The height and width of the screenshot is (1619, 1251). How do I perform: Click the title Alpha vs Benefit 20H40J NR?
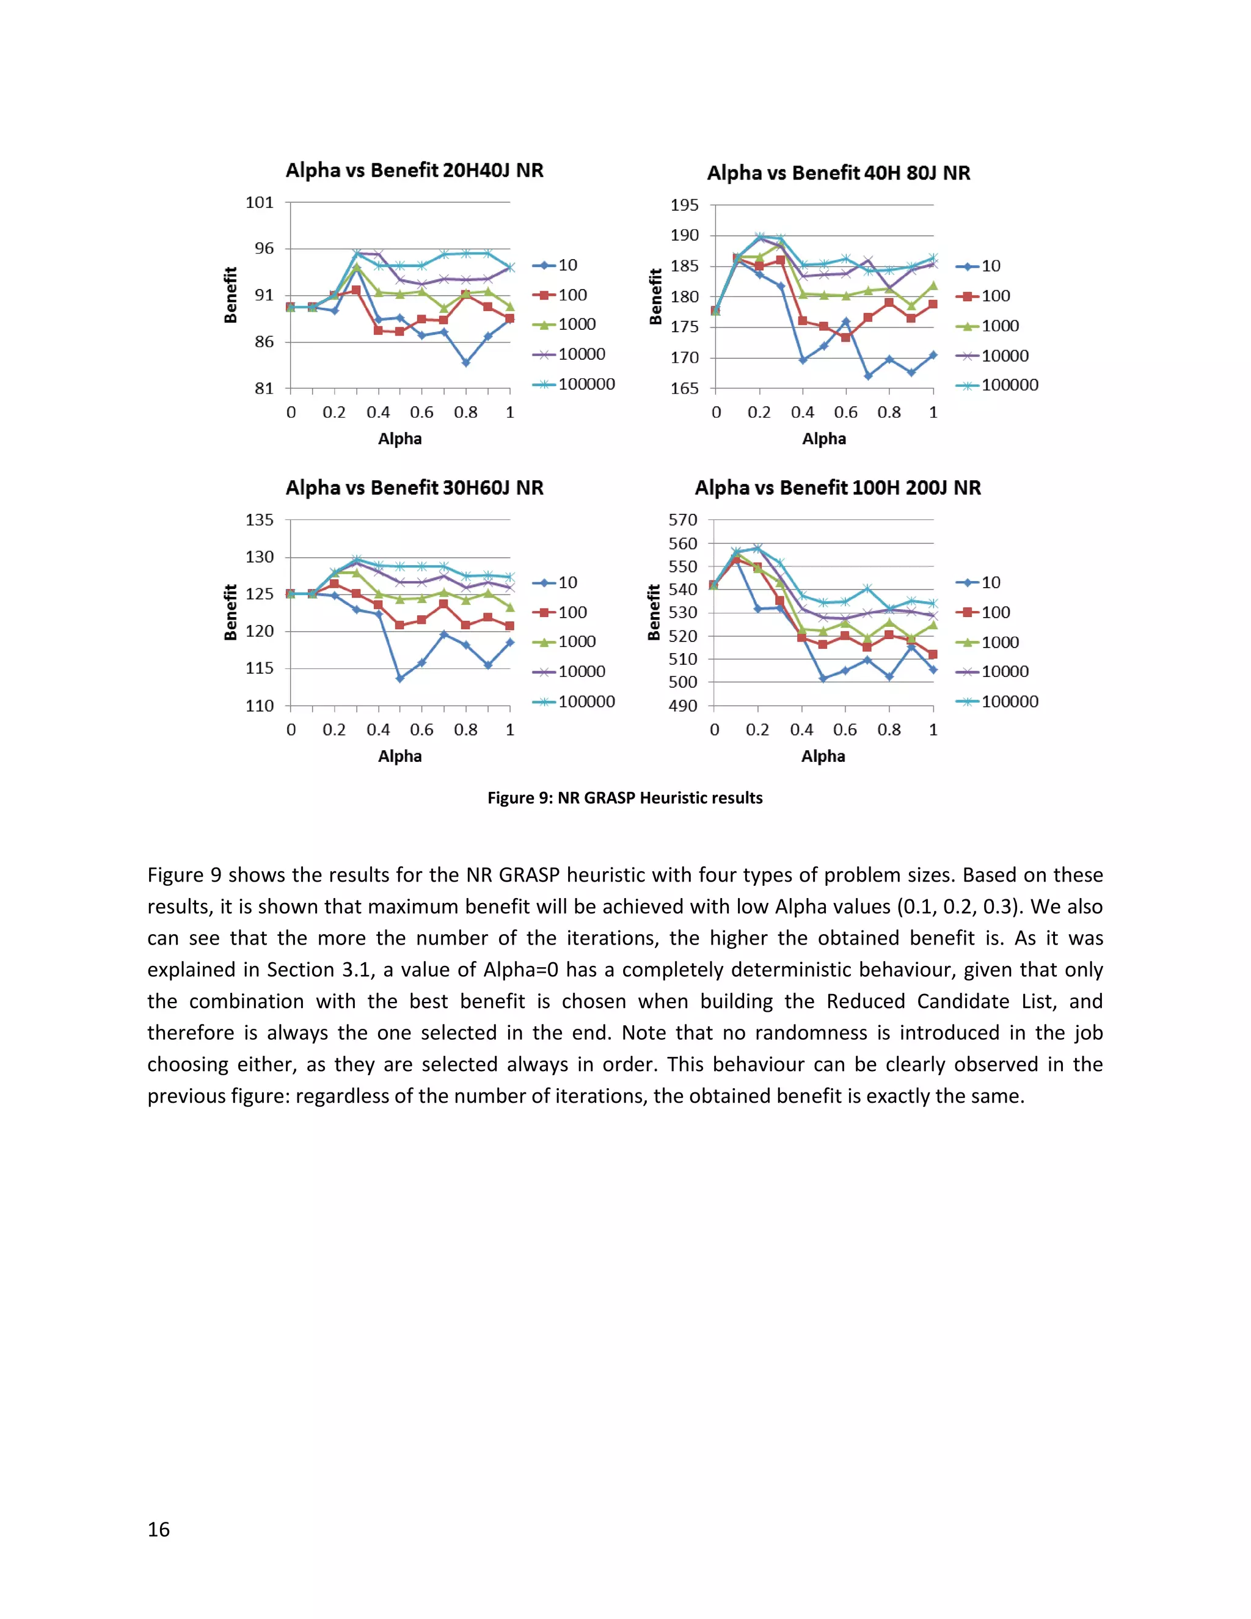pos(414,170)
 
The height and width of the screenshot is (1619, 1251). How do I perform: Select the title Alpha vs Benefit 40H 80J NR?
pos(838,173)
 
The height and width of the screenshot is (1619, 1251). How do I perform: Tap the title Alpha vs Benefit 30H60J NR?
pos(414,488)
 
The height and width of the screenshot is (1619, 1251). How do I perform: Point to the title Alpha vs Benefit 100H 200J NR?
pos(837,488)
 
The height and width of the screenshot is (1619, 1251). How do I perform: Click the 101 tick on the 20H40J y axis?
pos(260,202)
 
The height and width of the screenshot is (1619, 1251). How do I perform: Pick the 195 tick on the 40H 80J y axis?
pos(684,205)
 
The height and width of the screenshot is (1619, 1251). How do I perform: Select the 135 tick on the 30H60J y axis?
pos(260,521)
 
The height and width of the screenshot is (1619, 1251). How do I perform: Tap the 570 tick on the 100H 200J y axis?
pos(682,521)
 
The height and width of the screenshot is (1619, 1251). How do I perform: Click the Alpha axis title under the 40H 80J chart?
pos(823,439)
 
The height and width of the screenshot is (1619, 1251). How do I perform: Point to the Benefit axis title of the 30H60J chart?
pos(230,612)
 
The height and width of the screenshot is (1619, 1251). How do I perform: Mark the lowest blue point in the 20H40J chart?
pos(465,362)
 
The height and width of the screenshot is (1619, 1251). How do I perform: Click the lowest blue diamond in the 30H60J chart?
pos(399,678)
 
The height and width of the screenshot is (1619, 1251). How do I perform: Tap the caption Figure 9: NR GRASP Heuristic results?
pos(625,798)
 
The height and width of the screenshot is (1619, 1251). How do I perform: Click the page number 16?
pos(159,1529)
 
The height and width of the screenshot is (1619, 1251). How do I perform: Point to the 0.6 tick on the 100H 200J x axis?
pos(845,729)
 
